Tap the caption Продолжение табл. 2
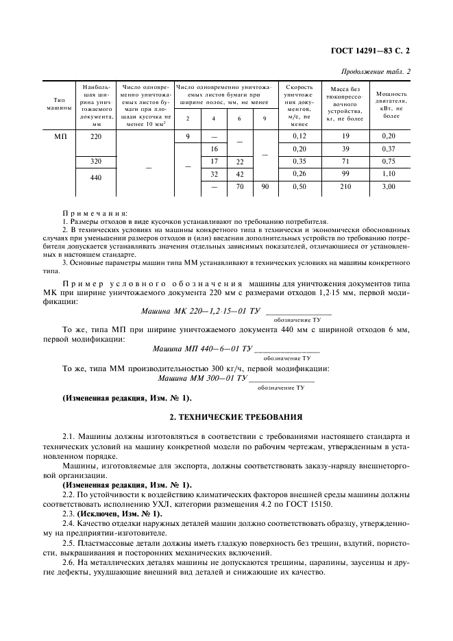(x=376, y=71)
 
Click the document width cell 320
(x=95, y=162)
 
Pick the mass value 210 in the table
(x=335, y=186)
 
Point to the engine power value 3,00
(x=387, y=186)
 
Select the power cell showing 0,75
(x=387, y=162)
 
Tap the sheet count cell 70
(x=239, y=186)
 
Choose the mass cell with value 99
(x=335, y=174)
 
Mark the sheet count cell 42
(x=239, y=174)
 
